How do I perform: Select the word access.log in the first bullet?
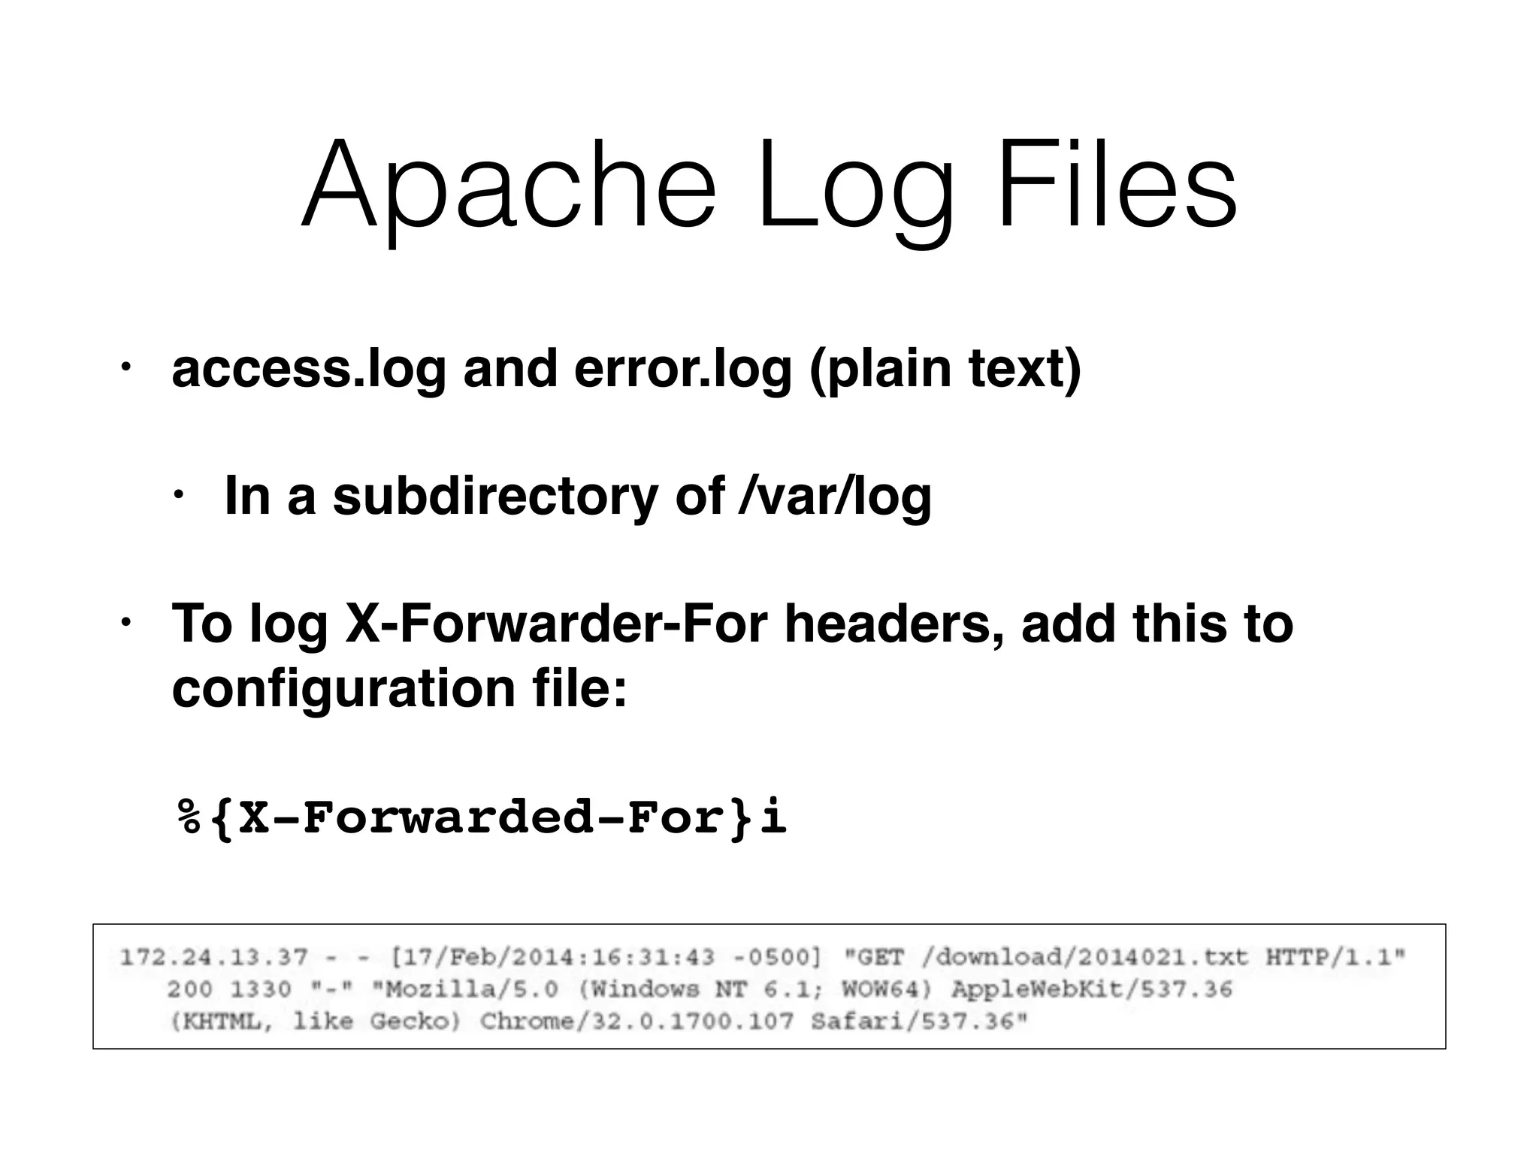point(309,370)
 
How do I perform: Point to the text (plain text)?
point(945,370)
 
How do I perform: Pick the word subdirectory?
point(495,497)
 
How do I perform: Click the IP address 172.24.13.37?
point(214,958)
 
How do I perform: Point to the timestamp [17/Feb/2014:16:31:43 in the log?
point(552,958)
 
